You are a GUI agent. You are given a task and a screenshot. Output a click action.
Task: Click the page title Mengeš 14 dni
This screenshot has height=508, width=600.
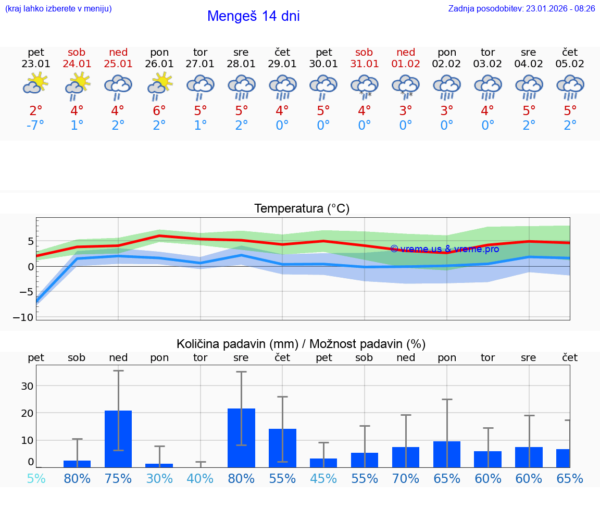click(x=253, y=16)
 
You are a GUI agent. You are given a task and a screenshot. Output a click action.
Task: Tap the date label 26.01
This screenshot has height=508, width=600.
click(x=159, y=64)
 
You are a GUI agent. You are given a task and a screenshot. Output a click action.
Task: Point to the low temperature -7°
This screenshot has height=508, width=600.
click(x=35, y=126)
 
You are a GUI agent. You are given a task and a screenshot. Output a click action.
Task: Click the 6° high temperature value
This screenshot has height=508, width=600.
click(x=159, y=110)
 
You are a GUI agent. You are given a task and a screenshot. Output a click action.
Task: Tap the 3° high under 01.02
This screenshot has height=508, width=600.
click(x=406, y=110)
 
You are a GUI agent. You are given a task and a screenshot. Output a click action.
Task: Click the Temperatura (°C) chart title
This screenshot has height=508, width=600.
click(x=302, y=209)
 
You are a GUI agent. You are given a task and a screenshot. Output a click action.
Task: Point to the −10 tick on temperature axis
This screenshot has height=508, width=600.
click(x=26, y=317)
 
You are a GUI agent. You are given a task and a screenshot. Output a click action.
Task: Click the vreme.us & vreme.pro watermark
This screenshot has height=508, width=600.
click(x=444, y=249)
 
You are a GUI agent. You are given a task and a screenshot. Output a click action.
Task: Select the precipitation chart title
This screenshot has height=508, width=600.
click(x=301, y=344)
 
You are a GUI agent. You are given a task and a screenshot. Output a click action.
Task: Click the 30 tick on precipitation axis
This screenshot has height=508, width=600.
click(x=27, y=386)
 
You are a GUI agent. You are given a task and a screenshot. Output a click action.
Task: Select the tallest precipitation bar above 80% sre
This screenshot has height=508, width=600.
click(x=241, y=438)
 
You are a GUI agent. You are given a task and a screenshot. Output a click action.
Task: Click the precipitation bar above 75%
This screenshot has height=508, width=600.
click(x=118, y=439)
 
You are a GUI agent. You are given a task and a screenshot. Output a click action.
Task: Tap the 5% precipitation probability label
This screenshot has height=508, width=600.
click(x=35, y=478)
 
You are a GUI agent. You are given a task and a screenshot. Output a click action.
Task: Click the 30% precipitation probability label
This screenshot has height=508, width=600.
click(x=159, y=478)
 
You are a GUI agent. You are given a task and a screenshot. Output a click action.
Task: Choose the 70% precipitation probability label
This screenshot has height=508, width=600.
click(x=406, y=478)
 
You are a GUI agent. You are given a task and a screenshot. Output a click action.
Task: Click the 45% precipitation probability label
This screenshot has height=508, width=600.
click(x=323, y=478)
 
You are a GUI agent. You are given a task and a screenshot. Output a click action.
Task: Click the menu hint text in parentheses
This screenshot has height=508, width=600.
click(x=58, y=8)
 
